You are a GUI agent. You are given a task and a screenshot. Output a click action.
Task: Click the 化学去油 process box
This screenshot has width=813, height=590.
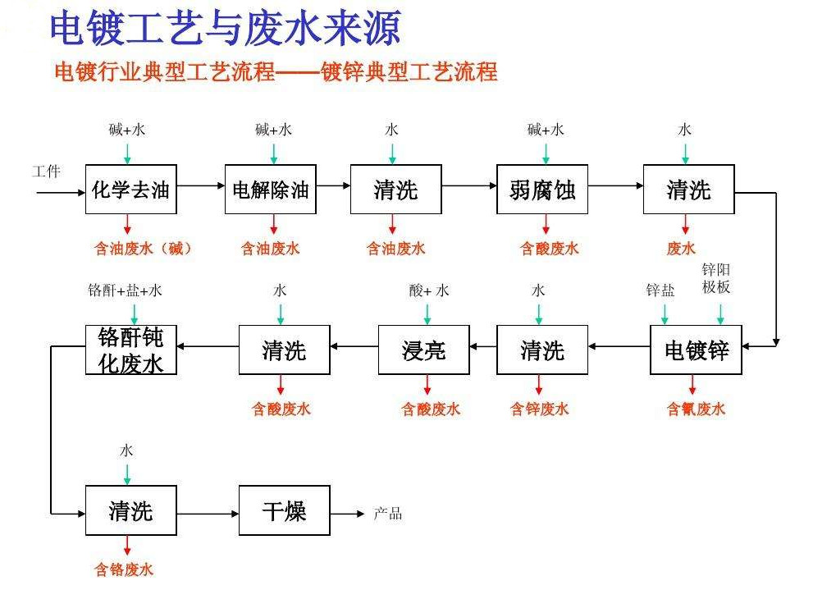pyautogui.click(x=130, y=190)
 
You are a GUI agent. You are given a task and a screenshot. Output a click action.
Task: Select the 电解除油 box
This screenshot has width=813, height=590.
pyautogui.click(x=270, y=190)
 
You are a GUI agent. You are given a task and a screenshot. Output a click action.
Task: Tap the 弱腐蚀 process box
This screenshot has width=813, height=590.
pyautogui.click(x=541, y=190)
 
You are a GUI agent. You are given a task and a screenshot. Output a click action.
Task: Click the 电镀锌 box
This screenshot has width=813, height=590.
pyautogui.click(x=696, y=350)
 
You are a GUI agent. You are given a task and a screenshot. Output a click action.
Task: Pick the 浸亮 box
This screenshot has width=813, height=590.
pyautogui.click(x=423, y=350)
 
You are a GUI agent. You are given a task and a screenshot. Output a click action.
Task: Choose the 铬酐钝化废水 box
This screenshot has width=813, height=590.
pyautogui.click(x=130, y=350)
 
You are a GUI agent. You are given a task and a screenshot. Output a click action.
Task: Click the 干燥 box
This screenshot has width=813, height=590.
pyautogui.click(x=284, y=510)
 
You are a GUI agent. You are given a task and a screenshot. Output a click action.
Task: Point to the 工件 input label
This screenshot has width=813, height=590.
pyautogui.click(x=46, y=171)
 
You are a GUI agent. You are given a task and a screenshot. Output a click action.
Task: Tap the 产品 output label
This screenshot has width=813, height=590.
pyautogui.click(x=388, y=514)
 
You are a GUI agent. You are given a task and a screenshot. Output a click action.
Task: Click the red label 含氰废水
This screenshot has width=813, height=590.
pyautogui.click(x=696, y=409)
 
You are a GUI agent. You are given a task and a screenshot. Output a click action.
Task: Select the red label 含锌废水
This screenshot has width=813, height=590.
pyautogui.click(x=539, y=409)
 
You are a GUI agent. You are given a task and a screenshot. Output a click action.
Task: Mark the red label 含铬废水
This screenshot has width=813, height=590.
pyautogui.click(x=124, y=569)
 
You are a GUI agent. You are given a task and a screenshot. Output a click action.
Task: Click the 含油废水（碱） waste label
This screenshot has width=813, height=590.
pyautogui.click(x=143, y=249)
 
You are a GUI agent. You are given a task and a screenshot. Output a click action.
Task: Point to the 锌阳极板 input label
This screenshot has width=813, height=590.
pyautogui.click(x=716, y=278)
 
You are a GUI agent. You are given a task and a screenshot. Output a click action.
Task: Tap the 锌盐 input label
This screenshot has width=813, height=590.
pyautogui.click(x=660, y=290)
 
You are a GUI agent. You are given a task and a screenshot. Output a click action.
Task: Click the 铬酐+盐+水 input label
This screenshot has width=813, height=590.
pyautogui.click(x=125, y=290)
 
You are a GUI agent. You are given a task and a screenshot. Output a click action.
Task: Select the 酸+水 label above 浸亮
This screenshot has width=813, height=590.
pyautogui.click(x=429, y=290)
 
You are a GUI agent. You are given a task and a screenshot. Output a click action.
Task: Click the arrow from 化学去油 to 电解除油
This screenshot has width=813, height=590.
pyautogui.click(x=201, y=185)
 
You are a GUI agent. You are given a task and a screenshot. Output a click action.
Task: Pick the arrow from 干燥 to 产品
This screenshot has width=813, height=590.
pyautogui.click(x=347, y=514)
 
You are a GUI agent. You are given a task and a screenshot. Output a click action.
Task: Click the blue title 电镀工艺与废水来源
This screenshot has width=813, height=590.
pyautogui.click(x=226, y=29)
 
